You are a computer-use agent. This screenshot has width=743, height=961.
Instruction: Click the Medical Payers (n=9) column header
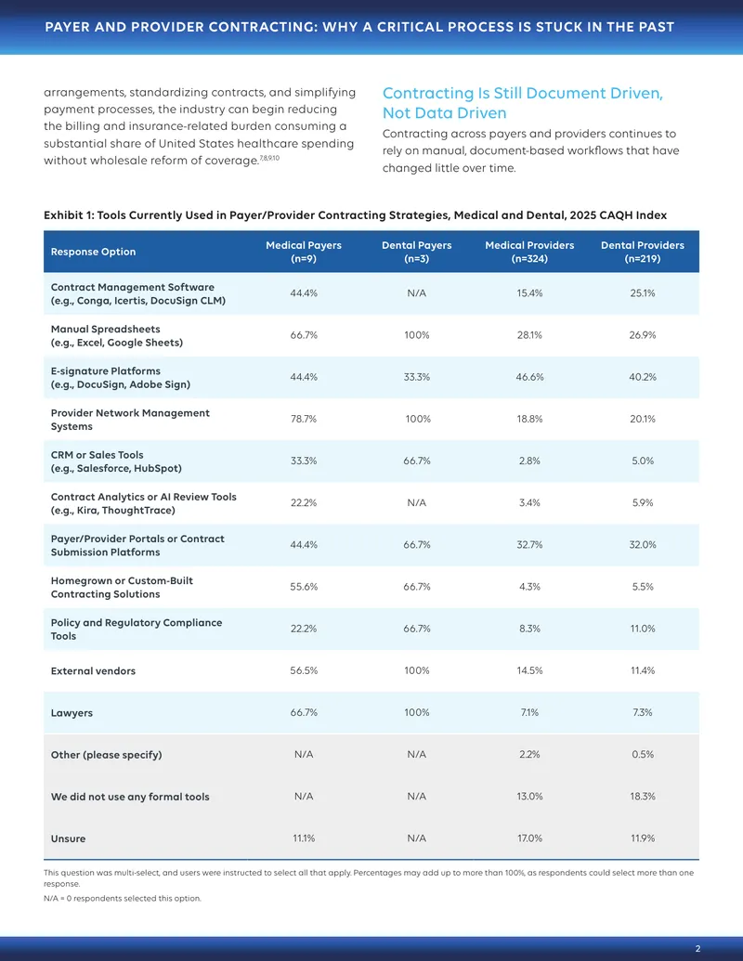coord(304,252)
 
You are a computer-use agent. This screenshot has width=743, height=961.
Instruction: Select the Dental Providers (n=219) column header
coord(643,252)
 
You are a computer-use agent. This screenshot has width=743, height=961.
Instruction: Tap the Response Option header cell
coord(93,252)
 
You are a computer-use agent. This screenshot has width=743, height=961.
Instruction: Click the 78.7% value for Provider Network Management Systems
coord(304,419)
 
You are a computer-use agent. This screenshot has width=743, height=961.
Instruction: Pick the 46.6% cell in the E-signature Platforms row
coord(529,377)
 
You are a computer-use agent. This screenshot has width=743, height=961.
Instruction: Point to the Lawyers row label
coord(72,713)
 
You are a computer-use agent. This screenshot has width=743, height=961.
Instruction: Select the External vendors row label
coord(93,671)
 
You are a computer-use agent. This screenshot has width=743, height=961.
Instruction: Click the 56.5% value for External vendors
coord(304,670)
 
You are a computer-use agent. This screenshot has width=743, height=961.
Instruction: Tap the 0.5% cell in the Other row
coord(643,755)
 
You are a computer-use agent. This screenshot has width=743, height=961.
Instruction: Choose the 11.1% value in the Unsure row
coord(304,838)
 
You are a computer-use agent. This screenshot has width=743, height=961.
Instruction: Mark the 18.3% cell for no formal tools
coord(643,796)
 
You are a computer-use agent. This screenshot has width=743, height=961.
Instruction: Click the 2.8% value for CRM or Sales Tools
coord(529,461)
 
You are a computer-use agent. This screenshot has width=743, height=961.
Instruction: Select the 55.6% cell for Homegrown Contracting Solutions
coord(304,587)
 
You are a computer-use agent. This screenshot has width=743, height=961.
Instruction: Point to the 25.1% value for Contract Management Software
coord(643,293)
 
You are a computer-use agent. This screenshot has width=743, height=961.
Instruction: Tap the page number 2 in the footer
coord(698,949)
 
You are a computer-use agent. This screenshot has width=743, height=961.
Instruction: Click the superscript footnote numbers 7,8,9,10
coord(269,158)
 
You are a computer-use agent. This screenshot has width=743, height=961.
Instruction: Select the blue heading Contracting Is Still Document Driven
coord(523,103)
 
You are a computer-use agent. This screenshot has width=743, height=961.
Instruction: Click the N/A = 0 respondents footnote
coord(122,899)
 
